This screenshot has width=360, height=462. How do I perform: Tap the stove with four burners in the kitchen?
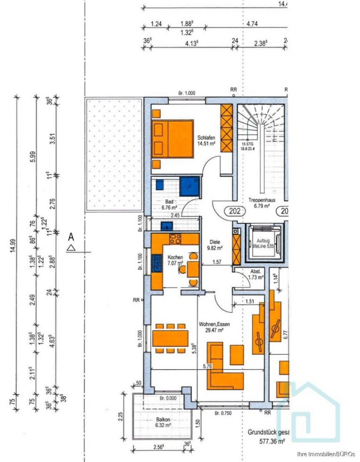(x=175, y=239)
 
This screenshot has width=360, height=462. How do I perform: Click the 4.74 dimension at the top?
(x=252, y=23)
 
